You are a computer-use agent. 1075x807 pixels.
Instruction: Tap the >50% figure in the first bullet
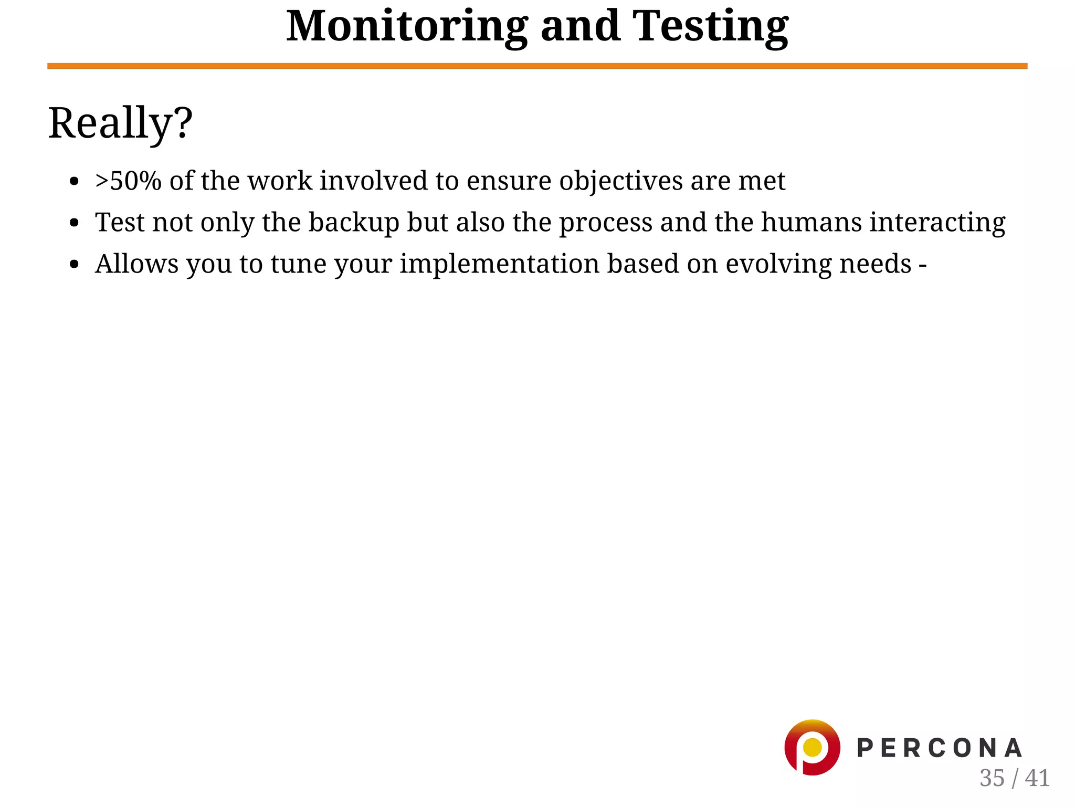point(128,181)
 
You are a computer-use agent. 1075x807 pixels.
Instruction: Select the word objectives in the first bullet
point(620,182)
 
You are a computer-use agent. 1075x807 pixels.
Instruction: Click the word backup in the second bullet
point(354,222)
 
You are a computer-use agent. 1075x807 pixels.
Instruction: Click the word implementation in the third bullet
point(499,264)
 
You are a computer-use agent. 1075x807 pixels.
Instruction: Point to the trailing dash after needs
point(922,265)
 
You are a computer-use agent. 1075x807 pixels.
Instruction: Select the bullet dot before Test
point(74,223)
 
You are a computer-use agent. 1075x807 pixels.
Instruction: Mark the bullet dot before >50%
point(74,182)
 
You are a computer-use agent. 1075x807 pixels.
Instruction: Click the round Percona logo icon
point(811,747)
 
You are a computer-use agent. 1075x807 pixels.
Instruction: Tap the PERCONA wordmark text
point(939,748)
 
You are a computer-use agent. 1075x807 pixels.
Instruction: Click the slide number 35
point(992,778)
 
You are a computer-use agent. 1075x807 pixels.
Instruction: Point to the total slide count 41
point(1037,778)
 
